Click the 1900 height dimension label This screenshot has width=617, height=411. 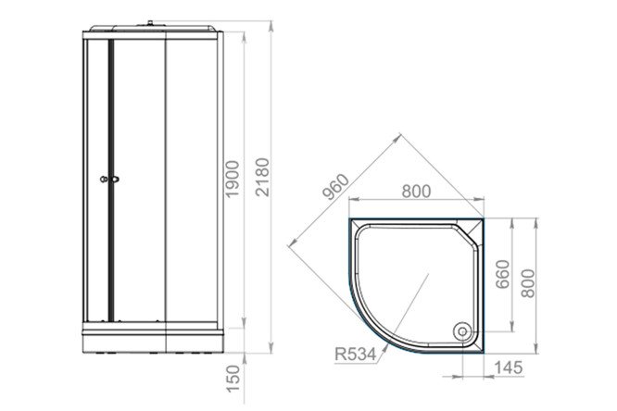[x=233, y=179]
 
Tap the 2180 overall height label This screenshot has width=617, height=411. [x=262, y=177]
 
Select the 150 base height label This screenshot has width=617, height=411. [x=233, y=379]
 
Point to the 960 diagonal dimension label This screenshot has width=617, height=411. [x=335, y=186]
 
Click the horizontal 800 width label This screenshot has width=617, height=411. [x=416, y=192]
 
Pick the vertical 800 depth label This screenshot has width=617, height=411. [x=528, y=283]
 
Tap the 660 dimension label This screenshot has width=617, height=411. [x=502, y=274]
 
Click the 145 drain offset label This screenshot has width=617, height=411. [x=508, y=367]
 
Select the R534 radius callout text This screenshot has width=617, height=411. [x=356, y=354]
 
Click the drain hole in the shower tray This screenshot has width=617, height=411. [x=462, y=331]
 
